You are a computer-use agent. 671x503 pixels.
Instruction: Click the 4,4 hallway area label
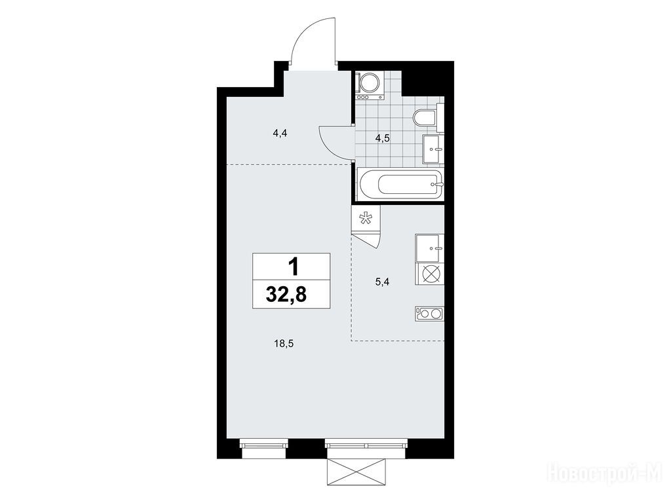point(279,133)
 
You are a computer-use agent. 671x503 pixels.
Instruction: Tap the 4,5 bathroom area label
point(383,138)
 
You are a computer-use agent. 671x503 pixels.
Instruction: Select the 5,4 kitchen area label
point(383,282)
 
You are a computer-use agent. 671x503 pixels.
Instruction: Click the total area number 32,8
point(286,295)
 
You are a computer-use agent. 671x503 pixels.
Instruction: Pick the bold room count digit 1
point(293,268)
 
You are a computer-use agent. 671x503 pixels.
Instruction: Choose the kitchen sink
point(429,248)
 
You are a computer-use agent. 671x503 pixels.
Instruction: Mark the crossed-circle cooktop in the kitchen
point(429,274)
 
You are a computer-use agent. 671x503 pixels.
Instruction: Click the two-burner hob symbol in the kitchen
point(429,314)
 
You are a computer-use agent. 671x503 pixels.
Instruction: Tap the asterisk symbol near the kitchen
point(365,219)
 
